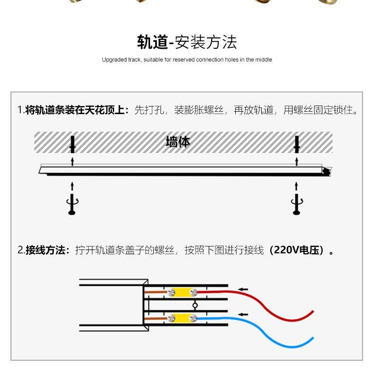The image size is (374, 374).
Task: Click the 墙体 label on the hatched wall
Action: click(x=178, y=142)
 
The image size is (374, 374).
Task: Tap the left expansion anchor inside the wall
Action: click(x=72, y=144)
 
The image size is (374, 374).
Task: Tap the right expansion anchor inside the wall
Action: click(x=297, y=144)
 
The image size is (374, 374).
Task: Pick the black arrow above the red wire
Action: click(x=243, y=289)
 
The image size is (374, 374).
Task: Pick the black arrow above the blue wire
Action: click(x=243, y=314)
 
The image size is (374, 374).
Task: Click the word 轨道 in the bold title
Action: click(x=152, y=43)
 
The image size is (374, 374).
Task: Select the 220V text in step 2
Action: click(x=284, y=250)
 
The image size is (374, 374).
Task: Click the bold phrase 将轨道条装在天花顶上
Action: click(x=76, y=110)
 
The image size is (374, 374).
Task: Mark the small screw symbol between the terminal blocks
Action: click(x=195, y=305)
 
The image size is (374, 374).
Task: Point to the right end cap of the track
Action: click(x=327, y=169)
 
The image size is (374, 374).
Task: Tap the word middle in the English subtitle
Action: click(x=264, y=60)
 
